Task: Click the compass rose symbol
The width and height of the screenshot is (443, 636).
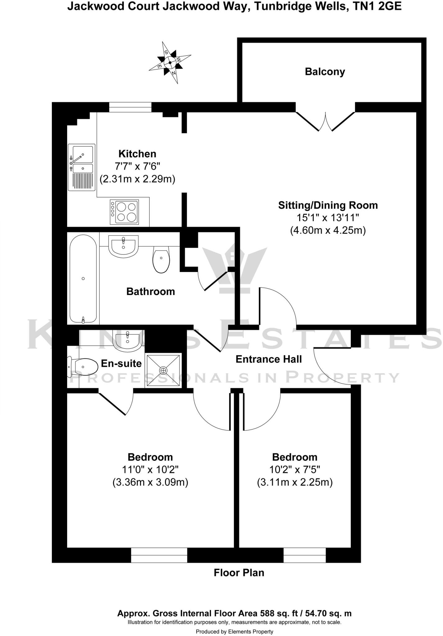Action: (x=170, y=62)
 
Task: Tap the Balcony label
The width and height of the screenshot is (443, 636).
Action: (x=325, y=72)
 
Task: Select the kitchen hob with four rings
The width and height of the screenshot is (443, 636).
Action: (x=124, y=212)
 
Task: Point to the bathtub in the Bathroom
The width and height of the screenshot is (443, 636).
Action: (x=83, y=279)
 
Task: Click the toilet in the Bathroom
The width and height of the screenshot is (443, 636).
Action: (x=161, y=260)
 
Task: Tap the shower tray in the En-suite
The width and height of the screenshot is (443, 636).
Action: (x=163, y=370)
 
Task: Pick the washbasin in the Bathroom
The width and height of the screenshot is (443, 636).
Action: (x=123, y=246)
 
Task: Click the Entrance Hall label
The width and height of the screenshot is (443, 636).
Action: (x=269, y=359)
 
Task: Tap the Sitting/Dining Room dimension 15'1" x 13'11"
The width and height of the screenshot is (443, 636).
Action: (x=328, y=218)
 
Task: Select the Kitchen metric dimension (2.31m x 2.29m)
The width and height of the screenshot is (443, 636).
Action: (x=137, y=179)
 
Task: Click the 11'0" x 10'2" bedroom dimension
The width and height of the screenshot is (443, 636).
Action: (x=150, y=469)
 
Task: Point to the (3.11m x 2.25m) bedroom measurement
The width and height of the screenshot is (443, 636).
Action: (x=295, y=482)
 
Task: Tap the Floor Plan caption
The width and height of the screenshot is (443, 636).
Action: (x=239, y=573)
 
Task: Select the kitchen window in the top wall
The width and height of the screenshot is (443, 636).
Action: (x=130, y=107)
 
